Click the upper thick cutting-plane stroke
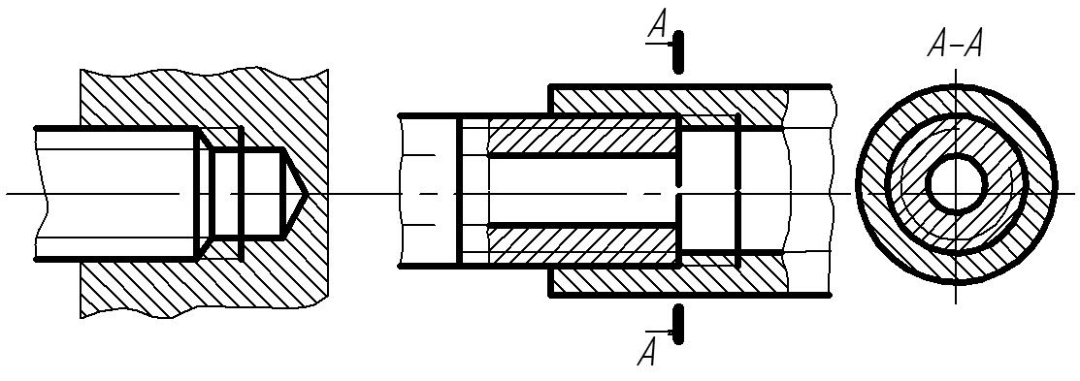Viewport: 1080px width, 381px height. tap(678, 51)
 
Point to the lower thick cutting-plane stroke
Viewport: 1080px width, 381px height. tap(678, 325)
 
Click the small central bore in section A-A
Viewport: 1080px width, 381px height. tap(955, 184)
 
